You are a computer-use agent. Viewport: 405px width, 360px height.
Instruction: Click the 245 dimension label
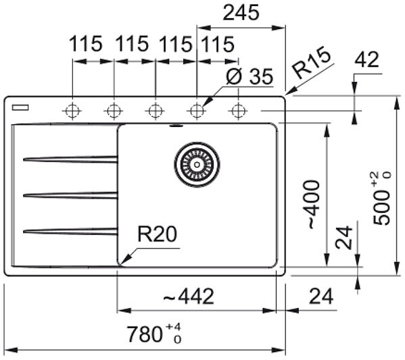pos(241,13)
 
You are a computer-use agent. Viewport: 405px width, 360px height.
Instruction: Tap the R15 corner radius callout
pos(312,63)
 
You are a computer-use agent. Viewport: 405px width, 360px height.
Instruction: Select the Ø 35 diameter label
pos(249,76)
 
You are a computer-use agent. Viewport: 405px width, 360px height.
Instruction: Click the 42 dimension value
pos(366,59)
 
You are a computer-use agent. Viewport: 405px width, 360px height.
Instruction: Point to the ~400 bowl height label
pos(314,205)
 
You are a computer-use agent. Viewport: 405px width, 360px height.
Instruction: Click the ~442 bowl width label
pos(189,296)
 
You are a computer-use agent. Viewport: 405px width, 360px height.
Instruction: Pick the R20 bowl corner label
pos(157,234)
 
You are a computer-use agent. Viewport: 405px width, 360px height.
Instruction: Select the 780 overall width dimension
pos(154,334)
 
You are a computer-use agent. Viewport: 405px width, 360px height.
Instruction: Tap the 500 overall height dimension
pos(382,199)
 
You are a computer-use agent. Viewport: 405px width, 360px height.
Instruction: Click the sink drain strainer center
pos(197,164)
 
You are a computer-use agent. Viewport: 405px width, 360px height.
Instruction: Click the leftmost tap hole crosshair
pos(72,111)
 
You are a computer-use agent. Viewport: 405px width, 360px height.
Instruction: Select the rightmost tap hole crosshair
pos(238,111)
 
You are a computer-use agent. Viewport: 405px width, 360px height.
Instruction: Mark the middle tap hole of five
pos(156,111)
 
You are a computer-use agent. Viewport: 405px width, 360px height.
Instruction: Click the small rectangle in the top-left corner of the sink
pos(20,107)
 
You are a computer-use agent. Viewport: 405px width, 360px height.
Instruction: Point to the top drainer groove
pos(70,159)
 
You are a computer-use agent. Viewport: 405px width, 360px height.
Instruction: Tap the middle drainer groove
pos(70,195)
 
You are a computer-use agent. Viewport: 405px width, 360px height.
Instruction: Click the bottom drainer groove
pos(70,231)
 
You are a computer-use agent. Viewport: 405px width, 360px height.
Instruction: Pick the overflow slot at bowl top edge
pos(176,126)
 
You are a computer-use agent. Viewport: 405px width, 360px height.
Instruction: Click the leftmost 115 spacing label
pos(86,44)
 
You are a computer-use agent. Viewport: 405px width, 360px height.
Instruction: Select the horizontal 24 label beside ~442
pos(321,296)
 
